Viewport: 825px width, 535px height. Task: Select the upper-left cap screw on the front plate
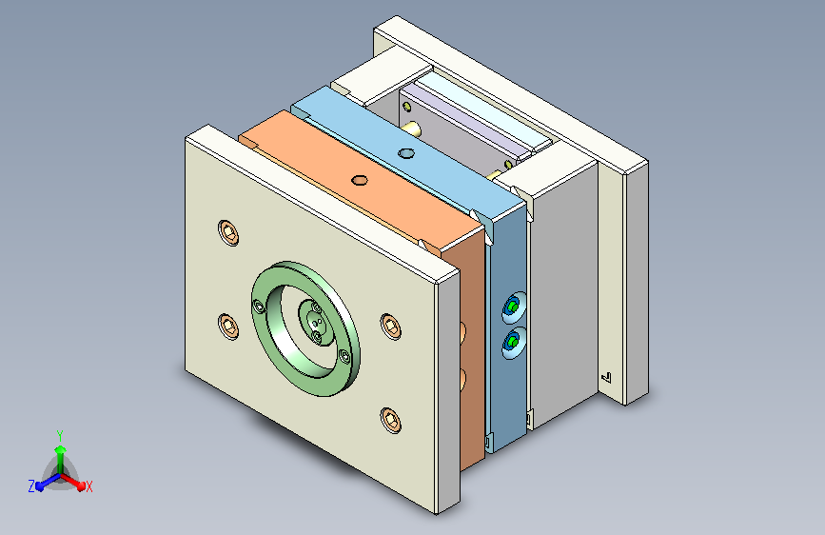[x=228, y=232]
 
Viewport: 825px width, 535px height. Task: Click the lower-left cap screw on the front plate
[x=227, y=327]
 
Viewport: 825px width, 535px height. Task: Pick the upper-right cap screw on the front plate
[x=390, y=327]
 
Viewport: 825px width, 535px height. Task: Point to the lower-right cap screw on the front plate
[x=390, y=420]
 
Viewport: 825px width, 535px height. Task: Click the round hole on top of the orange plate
[x=360, y=181]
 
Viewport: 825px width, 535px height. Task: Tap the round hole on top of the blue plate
[x=406, y=154]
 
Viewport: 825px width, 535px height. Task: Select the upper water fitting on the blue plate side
[x=513, y=307]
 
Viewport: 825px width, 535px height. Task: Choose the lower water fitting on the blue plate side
[x=513, y=343]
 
